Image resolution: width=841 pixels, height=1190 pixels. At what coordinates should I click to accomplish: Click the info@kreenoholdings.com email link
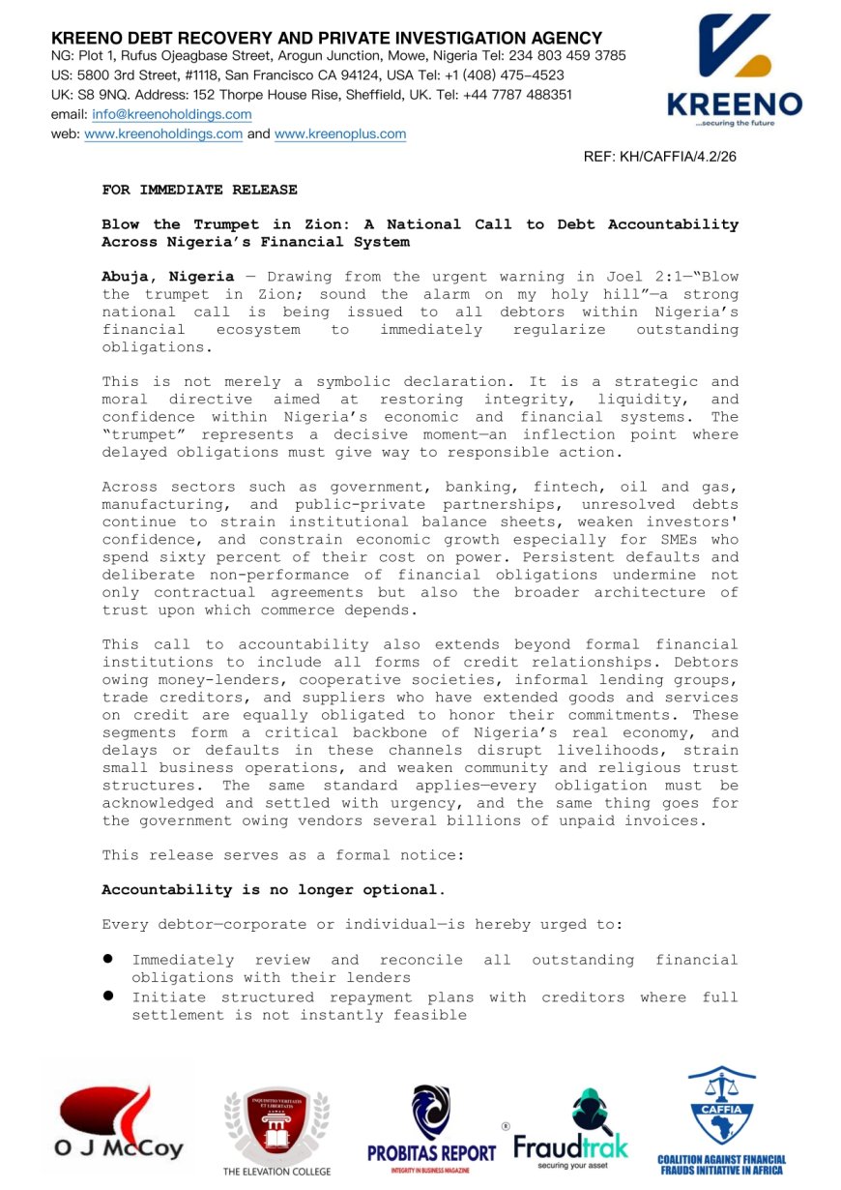click(x=172, y=114)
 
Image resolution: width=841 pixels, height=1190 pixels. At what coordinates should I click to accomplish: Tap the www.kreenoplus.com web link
click(x=340, y=134)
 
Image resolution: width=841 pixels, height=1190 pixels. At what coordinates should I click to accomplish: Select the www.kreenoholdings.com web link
click(x=163, y=134)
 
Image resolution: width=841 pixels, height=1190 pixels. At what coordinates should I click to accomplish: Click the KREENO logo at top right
click(x=734, y=73)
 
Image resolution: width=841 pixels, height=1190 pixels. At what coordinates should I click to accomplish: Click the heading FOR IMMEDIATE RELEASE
click(x=199, y=190)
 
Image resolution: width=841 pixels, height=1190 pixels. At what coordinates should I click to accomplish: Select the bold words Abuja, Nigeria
click(x=167, y=277)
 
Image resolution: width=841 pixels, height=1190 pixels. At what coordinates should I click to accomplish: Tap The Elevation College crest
click(x=276, y=1127)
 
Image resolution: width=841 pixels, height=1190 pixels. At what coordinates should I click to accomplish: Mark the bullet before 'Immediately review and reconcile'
click(x=110, y=959)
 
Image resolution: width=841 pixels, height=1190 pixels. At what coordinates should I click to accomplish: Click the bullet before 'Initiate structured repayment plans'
click(x=110, y=996)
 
